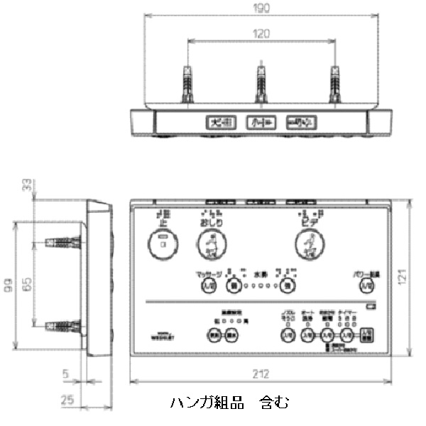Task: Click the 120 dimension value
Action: [261, 33]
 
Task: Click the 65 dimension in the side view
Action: [27, 283]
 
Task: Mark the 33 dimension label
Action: [27, 186]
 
